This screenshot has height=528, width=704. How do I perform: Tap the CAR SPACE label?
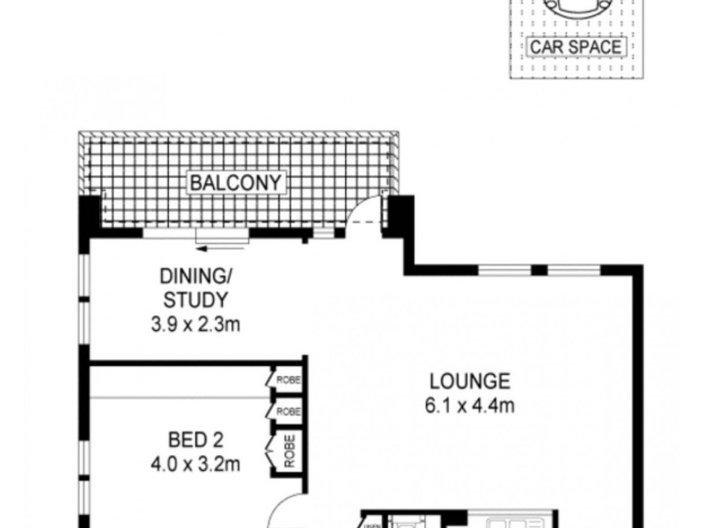click(576, 46)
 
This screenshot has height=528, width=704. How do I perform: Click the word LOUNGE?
click(470, 382)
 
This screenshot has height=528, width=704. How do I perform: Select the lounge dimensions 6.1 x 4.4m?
click(470, 406)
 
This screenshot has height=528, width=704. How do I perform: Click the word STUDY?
click(194, 300)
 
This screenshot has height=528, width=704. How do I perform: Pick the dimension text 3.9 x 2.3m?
click(194, 324)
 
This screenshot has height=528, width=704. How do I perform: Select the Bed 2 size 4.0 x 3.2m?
click(194, 461)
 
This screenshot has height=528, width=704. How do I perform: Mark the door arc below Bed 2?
click(286, 511)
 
